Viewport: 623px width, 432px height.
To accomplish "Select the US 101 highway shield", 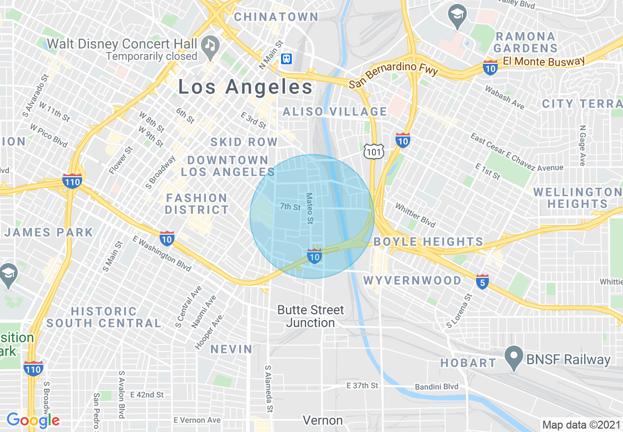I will (373, 152).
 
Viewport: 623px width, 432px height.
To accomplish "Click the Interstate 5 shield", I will (482, 282).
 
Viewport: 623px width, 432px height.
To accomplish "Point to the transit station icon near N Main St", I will (286, 59).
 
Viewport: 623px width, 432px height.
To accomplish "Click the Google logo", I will (33, 420).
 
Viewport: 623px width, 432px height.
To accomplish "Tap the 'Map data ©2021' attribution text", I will (581, 424).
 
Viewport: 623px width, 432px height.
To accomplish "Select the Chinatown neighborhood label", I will (276, 17).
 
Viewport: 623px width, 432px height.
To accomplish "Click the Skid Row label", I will (244, 142).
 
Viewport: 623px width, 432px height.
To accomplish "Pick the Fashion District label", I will (197, 204).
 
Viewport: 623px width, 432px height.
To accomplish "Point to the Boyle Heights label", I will (428, 242).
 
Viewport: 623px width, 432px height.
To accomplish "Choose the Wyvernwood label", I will (412, 280).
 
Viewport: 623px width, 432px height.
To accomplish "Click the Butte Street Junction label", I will (311, 316).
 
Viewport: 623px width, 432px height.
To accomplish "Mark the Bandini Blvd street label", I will (436, 386).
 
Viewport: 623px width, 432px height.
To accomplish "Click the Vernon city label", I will (323, 420).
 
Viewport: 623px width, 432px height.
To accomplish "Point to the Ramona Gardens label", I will (525, 42).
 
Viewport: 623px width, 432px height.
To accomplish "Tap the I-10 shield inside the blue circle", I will (314, 256).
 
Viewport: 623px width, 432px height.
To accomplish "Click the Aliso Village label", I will (335, 111).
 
